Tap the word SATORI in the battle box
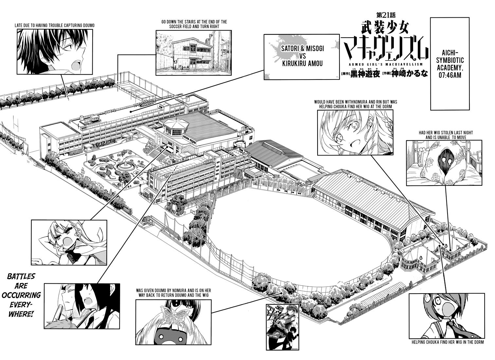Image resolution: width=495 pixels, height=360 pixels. (290, 49)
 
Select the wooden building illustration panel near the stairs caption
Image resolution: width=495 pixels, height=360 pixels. (193, 53)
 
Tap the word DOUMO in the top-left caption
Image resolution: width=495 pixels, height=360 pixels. (88, 26)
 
